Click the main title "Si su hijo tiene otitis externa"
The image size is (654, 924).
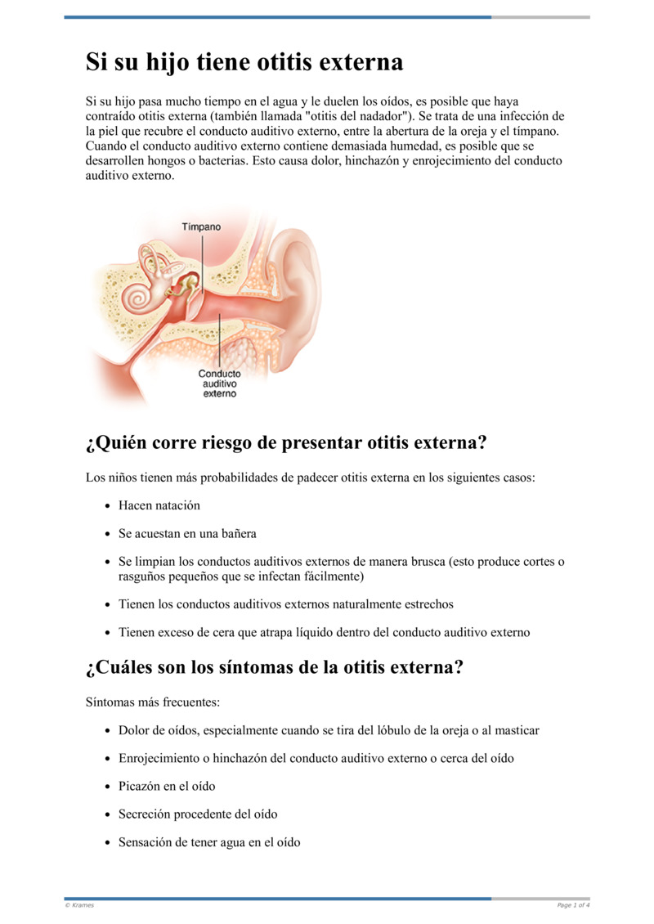click(244, 62)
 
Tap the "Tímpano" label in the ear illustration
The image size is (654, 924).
click(201, 227)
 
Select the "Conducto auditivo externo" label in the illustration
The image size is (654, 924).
click(219, 384)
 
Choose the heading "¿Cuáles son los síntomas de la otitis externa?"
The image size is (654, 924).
click(275, 666)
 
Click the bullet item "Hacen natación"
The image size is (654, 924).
click(159, 505)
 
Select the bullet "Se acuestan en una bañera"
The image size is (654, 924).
click(187, 533)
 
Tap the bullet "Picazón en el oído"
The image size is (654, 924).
click(167, 786)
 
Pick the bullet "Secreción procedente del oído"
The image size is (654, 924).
click(198, 814)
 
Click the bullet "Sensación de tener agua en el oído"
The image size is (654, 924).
click(209, 841)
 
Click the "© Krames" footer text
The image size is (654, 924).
click(79, 904)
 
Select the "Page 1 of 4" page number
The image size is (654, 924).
click(573, 904)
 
